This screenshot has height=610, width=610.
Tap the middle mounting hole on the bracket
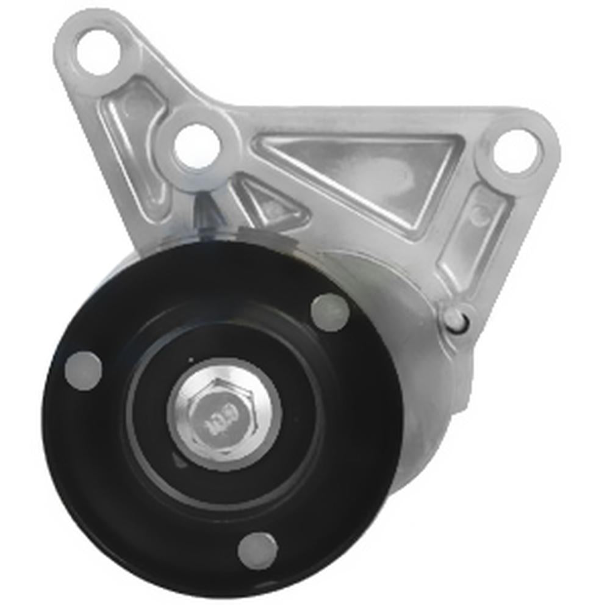(196, 146)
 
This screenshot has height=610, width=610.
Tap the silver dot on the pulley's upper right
(330, 312)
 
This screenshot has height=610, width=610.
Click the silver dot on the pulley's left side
(83, 370)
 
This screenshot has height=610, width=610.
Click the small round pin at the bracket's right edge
(454, 317)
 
